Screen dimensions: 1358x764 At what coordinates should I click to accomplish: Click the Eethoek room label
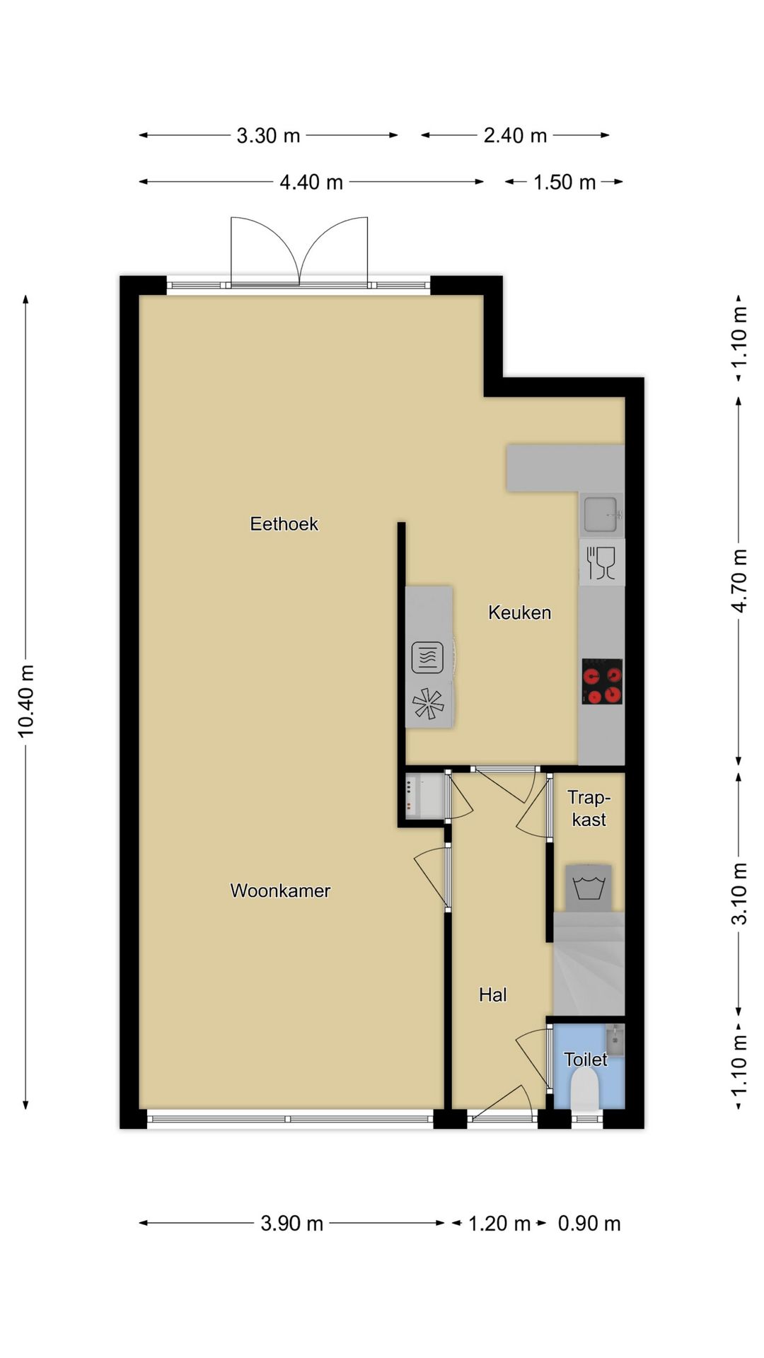(x=284, y=524)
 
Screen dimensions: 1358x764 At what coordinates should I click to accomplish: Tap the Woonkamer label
(x=280, y=890)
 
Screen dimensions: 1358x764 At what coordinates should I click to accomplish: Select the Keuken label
(x=519, y=613)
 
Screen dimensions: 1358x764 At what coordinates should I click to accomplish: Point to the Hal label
(x=492, y=995)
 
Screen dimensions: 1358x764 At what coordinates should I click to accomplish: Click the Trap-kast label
(x=589, y=808)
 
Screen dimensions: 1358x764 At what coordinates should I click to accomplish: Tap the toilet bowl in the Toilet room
(x=585, y=1090)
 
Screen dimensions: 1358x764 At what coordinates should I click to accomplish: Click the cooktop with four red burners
(x=602, y=682)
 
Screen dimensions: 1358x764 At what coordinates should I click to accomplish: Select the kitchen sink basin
(x=601, y=513)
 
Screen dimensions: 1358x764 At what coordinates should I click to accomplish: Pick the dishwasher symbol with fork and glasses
(x=602, y=563)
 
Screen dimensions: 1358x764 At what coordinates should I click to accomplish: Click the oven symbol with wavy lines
(x=427, y=657)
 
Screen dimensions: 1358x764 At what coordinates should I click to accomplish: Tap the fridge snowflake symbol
(x=428, y=704)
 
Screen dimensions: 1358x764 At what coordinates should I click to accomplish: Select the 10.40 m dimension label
(x=26, y=700)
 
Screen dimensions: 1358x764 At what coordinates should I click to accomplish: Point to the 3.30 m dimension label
(x=268, y=136)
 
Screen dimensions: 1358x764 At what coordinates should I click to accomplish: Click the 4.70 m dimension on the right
(x=739, y=580)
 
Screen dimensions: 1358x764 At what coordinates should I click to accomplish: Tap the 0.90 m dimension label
(x=589, y=1224)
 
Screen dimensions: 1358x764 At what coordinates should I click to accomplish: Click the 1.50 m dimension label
(x=564, y=182)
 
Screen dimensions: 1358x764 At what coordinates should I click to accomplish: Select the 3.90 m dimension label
(x=291, y=1224)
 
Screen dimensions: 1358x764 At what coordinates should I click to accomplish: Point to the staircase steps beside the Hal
(x=589, y=965)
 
